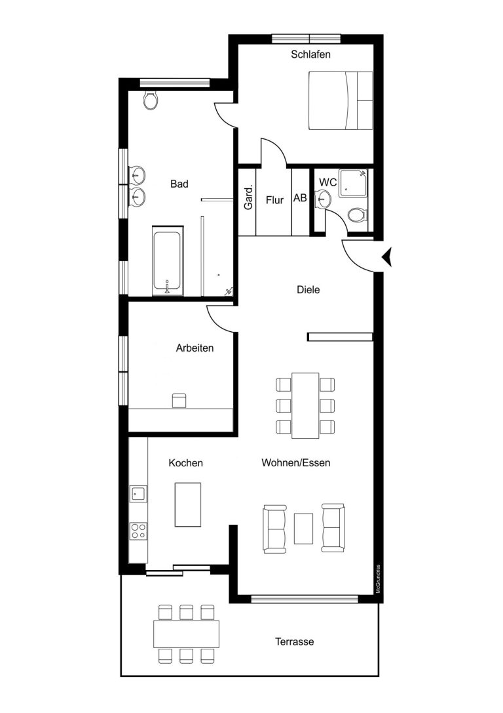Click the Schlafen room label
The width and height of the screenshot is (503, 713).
310,54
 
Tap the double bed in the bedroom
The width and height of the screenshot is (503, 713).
341,100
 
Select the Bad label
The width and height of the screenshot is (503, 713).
179,184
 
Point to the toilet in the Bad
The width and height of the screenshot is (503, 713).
151,100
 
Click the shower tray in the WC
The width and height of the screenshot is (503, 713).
352,183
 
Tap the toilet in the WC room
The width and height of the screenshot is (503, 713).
358,215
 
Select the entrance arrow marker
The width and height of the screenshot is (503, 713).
387,257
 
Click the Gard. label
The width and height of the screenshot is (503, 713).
248,198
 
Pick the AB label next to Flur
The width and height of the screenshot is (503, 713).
300,198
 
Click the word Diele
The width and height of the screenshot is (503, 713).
308,290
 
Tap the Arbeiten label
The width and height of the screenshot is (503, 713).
195,348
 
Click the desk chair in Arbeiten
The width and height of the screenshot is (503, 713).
179,401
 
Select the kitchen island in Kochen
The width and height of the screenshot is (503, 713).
188,504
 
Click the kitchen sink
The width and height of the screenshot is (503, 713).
138,493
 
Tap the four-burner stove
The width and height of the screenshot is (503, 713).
138,531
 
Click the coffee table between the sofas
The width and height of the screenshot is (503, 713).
303,529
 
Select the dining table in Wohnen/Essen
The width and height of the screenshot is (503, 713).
305,405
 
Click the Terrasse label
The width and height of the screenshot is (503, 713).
295,642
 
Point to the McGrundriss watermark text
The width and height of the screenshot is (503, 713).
378,579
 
